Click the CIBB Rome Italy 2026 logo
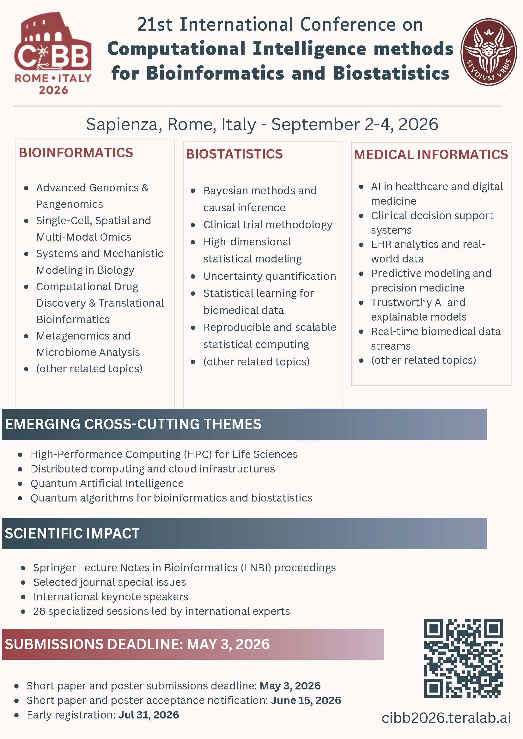53,53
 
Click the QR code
463,658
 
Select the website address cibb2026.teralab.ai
446,718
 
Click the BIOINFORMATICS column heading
76,153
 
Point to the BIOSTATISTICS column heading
234,154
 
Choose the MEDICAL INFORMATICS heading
431,154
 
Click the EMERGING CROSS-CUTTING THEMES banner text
133,424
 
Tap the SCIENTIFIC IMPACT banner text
72,533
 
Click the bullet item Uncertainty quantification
270,276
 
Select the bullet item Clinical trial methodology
268,224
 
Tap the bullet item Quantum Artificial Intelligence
107,483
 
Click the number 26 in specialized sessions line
39,611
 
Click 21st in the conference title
155,24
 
